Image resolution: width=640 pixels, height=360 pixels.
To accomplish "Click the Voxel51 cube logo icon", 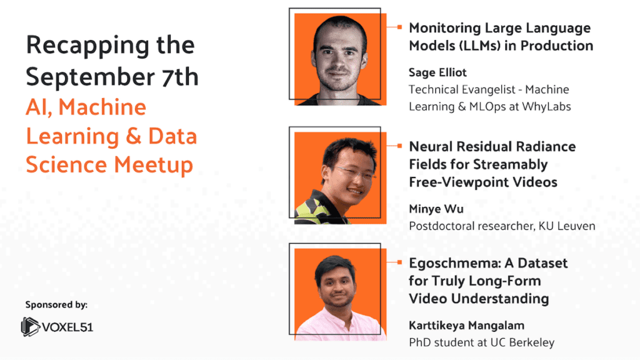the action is click(x=30, y=326).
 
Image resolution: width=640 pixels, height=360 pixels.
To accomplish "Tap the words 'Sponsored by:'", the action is click(x=56, y=304).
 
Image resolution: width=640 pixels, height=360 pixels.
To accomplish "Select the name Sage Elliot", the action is click(x=437, y=72).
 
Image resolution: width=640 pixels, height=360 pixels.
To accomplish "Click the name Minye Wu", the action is click(x=436, y=209).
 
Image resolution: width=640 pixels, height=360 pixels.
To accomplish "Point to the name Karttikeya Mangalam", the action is click(x=466, y=325).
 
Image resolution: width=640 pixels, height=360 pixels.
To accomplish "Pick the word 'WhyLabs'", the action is click(x=546, y=106).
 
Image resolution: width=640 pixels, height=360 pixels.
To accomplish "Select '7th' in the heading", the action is click(x=180, y=76).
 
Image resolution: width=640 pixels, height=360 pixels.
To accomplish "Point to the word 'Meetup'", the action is click(x=153, y=165).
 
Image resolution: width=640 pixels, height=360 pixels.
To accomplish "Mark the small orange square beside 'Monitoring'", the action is click(x=399, y=27).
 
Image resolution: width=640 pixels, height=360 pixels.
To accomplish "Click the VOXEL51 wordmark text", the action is click(x=67, y=327).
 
